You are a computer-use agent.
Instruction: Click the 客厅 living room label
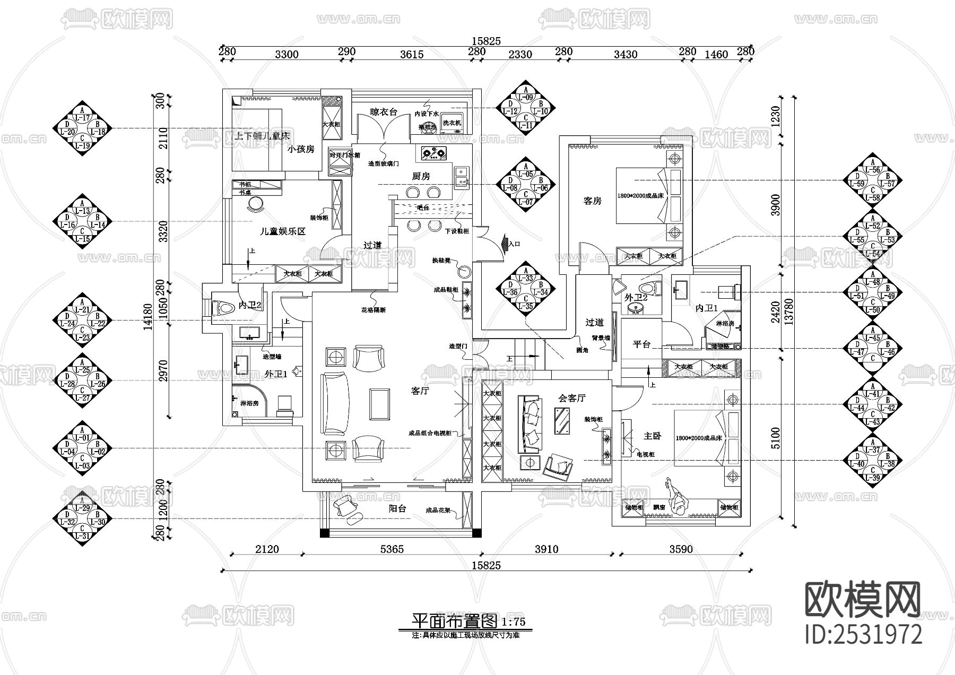click(420, 391)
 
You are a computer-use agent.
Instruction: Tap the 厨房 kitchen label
click(421, 176)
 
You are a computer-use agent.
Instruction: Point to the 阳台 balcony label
click(397, 508)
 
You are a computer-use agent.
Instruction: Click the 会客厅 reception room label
click(572, 398)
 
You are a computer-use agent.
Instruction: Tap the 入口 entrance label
click(514, 244)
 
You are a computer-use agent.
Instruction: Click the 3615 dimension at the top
click(411, 54)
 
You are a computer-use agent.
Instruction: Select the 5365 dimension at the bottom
click(392, 549)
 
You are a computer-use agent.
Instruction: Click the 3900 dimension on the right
click(775, 204)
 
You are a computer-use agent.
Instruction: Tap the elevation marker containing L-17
click(82, 128)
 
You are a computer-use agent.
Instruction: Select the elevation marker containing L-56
click(872, 180)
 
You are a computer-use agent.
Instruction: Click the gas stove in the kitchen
click(434, 154)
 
